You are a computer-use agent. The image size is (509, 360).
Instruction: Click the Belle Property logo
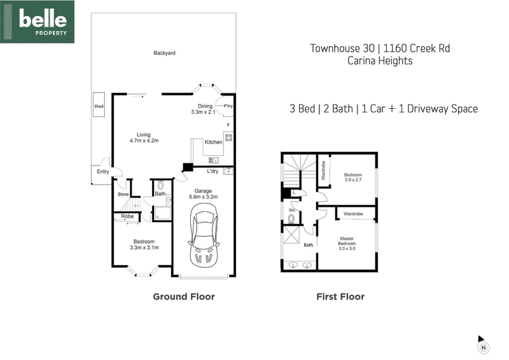(38, 22)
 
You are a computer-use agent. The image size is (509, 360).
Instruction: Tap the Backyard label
(164, 53)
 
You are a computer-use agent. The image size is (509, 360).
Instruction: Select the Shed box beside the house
(99, 104)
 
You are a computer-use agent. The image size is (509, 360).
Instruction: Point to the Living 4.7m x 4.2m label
(144, 137)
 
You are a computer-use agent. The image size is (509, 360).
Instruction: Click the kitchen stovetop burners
(228, 137)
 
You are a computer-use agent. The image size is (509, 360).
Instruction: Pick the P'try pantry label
(228, 106)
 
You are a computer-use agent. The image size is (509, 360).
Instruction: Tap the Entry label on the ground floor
(103, 172)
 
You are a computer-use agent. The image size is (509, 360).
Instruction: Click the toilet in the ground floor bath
(160, 185)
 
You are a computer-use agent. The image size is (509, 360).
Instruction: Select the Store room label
(123, 194)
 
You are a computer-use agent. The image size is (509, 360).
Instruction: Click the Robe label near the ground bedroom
(127, 216)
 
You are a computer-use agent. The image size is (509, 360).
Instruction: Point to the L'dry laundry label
(213, 171)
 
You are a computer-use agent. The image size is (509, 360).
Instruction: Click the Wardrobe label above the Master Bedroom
(353, 214)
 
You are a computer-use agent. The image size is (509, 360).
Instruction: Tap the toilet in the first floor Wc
(291, 219)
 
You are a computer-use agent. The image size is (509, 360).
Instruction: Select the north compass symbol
(483, 345)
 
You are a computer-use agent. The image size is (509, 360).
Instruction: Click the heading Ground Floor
(184, 296)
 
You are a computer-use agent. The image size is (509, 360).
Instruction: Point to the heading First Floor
(340, 296)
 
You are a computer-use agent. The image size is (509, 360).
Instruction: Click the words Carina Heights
(380, 60)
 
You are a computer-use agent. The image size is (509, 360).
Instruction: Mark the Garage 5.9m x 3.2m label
(203, 194)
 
